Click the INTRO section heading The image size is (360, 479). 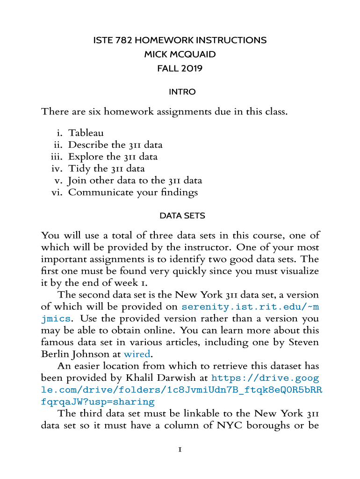tap(182, 92)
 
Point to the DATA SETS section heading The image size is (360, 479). tap(182, 216)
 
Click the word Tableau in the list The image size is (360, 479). tap(86, 133)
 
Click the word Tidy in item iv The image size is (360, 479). tap(79, 168)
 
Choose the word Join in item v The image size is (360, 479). tap(77, 180)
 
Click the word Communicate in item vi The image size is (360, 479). tap(95, 192)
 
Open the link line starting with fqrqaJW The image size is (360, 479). tap(98, 402)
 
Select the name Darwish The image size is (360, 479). tap(188, 378)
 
